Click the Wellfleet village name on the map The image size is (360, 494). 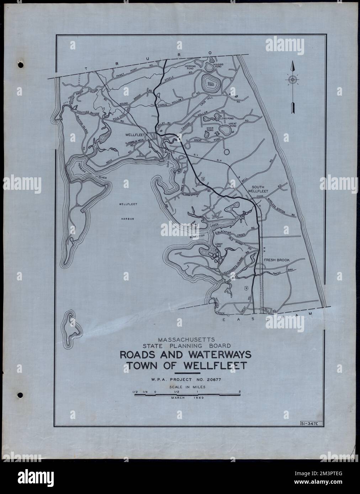134,135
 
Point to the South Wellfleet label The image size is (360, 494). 261,189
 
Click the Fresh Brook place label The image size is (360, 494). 277,260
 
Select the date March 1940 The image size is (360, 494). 187,398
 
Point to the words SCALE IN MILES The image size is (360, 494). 186,386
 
